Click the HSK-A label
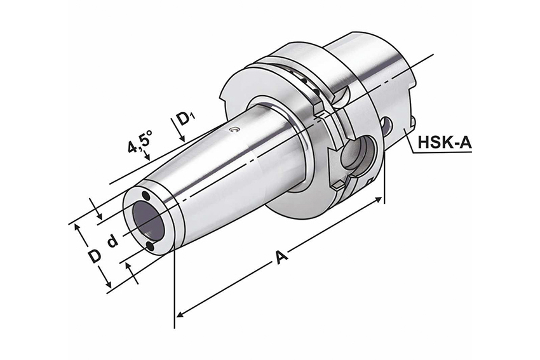point(444,142)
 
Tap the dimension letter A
point(281,257)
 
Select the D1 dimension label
point(185,119)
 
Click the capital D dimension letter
point(94,257)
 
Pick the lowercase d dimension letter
point(112,241)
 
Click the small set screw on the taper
point(234,130)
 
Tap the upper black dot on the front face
point(146,197)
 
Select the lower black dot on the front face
point(150,246)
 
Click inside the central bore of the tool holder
point(147,221)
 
